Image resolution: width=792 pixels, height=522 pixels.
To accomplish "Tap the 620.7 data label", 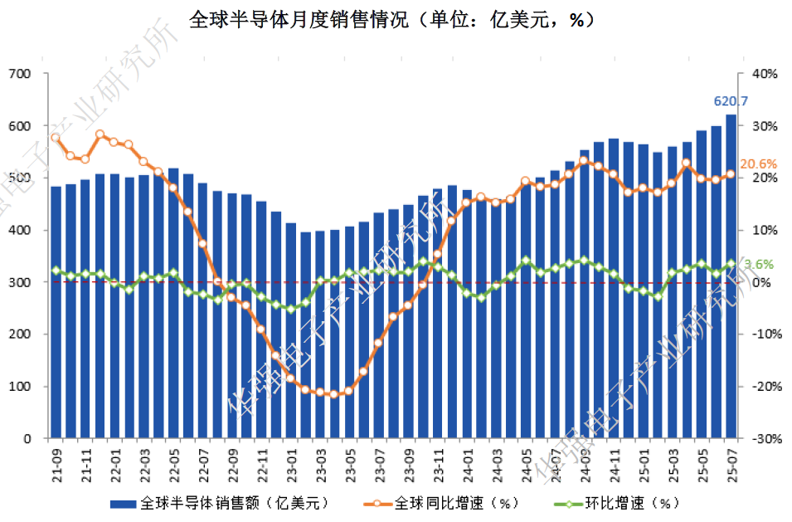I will pyautogui.click(x=731, y=101).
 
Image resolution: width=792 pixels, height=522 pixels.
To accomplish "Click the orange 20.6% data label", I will pyautogui.click(x=758, y=164).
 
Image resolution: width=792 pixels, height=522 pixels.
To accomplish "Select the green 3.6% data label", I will pyautogui.click(x=758, y=265).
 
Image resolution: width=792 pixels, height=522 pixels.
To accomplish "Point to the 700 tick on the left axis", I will pyautogui.click(x=20, y=74).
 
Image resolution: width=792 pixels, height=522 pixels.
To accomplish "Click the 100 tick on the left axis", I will pyautogui.click(x=20, y=387).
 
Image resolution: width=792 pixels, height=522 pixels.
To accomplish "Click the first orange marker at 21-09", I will pyautogui.click(x=56, y=138).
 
